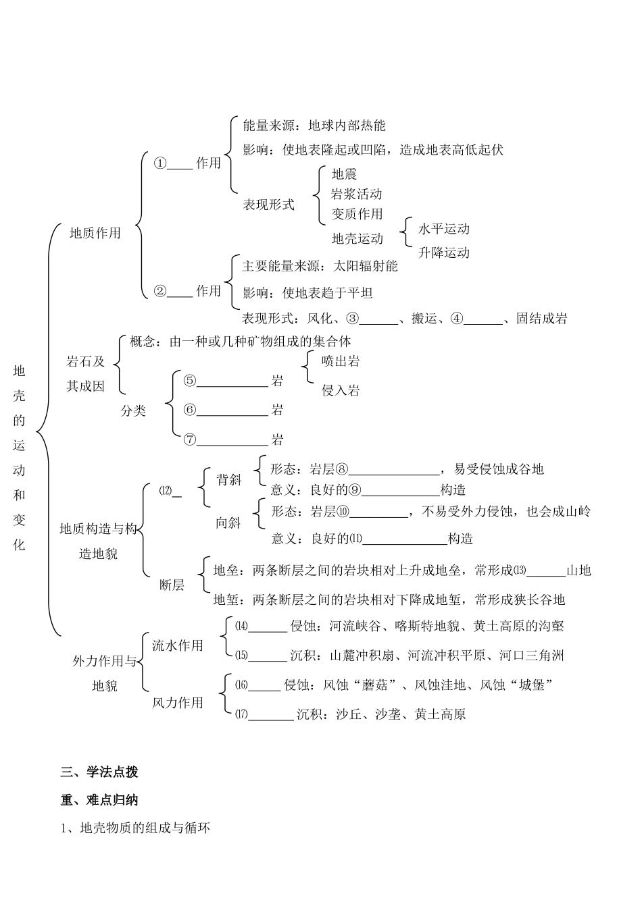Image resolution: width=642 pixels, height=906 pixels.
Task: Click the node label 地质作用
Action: (x=95, y=233)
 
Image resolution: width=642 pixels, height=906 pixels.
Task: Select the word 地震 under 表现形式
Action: (x=344, y=174)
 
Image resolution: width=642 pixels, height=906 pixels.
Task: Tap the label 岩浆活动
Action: (x=356, y=194)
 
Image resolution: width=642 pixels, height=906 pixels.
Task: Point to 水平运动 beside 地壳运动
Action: (x=443, y=229)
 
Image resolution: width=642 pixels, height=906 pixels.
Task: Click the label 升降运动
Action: (x=443, y=252)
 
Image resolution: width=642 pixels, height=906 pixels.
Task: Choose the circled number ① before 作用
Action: (x=160, y=163)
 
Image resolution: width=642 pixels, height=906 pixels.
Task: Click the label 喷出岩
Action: (x=341, y=361)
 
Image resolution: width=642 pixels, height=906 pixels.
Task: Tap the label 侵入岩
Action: (x=341, y=390)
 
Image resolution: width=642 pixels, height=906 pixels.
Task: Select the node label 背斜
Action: (x=229, y=479)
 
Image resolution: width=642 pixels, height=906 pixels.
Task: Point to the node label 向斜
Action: (x=228, y=523)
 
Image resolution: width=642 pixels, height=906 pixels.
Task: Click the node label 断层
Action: (x=172, y=585)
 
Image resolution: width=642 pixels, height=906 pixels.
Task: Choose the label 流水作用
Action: (x=177, y=645)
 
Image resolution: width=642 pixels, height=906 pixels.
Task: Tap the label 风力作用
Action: (x=177, y=703)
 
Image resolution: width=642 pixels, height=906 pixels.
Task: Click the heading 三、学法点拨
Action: (x=99, y=772)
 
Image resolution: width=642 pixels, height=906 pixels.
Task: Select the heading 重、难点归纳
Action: (x=99, y=800)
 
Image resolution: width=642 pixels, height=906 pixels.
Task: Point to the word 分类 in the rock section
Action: (x=133, y=410)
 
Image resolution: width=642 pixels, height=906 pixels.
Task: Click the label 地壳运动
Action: (x=357, y=238)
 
